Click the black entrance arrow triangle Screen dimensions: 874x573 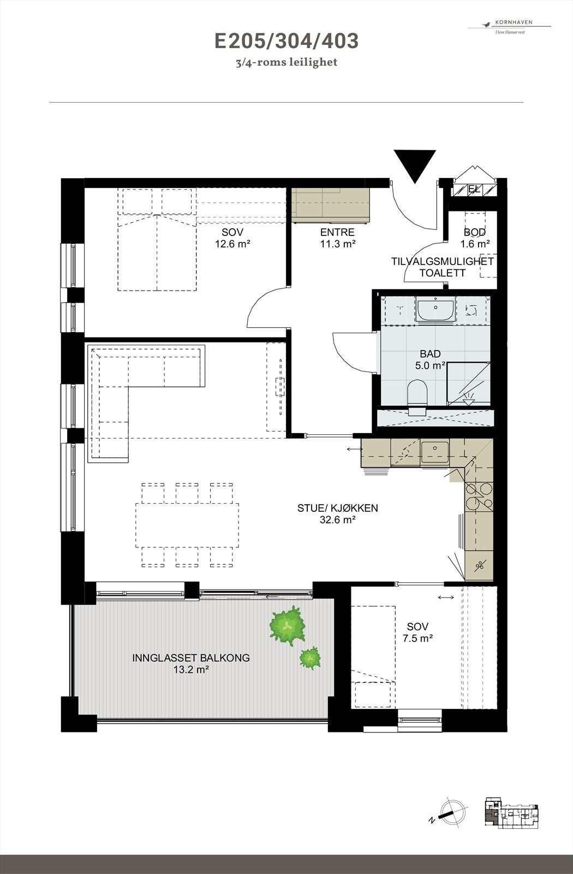tap(415, 164)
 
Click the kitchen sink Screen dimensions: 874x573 tap(435, 451)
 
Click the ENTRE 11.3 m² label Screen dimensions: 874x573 tap(337, 238)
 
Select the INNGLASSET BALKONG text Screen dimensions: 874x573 tap(191, 658)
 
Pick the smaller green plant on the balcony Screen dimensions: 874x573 tap(310, 658)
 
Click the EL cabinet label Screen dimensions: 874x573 tap(474, 190)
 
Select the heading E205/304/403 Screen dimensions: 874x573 tap(286, 41)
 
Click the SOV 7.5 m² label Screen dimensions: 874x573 tap(417, 632)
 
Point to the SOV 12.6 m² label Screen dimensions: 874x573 tap(232, 238)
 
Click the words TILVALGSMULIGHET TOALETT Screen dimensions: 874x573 tap(442, 267)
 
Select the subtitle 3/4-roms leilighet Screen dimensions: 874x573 tap(286, 62)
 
